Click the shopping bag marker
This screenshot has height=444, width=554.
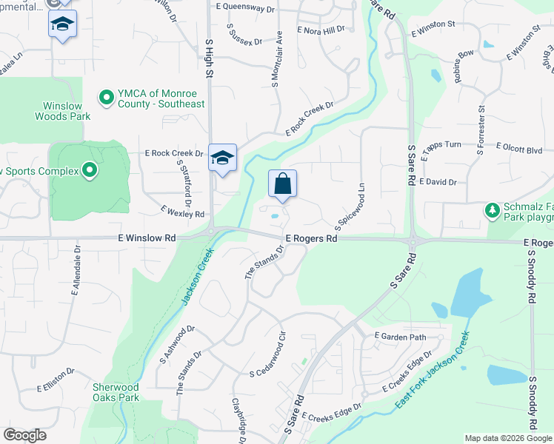(x=282, y=184)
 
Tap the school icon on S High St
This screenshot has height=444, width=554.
(x=222, y=158)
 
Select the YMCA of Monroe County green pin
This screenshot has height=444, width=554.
(x=106, y=97)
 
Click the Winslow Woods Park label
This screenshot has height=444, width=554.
(x=62, y=111)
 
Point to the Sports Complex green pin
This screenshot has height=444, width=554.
(x=90, y=172)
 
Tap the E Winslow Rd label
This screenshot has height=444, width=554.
(x=146, y=238)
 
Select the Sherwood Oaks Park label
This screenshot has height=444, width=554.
(x=116, y=392)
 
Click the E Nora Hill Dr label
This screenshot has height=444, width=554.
(x=321, y=30)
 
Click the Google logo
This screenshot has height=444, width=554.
(x=25, y=435)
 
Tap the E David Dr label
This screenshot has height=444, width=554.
(x=438, y=181)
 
